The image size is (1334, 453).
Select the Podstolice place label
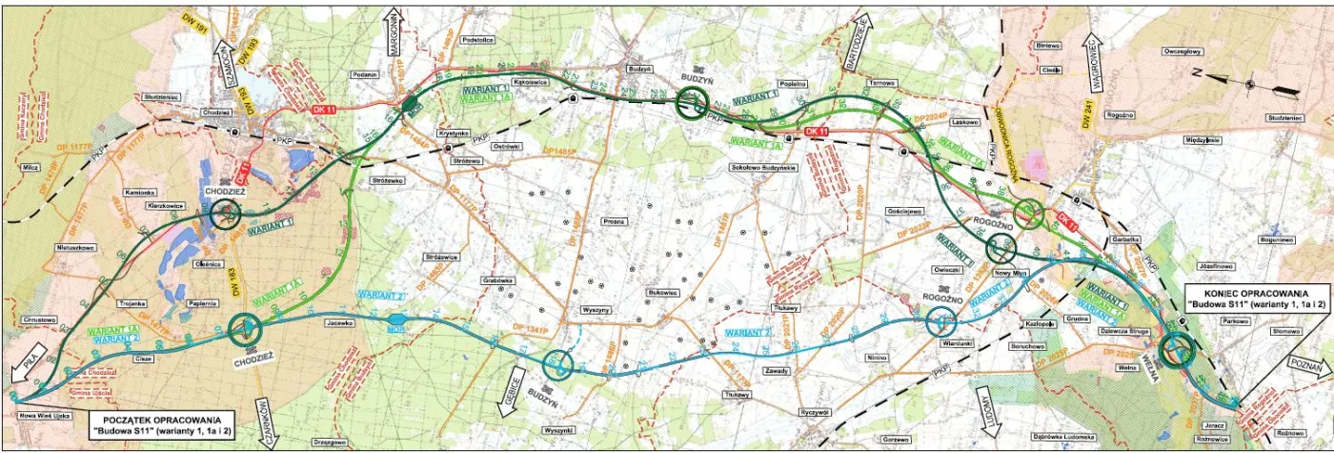477,66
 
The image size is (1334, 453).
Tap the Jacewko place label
340,322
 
